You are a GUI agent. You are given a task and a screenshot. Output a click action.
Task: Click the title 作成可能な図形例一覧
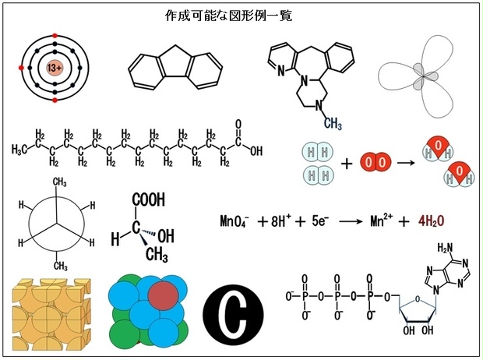click(x=228, y=16)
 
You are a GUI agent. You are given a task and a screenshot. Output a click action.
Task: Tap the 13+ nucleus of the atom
click(x=55, y=68)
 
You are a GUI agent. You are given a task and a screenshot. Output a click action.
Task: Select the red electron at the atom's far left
click(x=21, y=68)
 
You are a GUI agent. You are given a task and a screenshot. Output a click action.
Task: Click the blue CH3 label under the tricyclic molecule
click(x=333, y=124)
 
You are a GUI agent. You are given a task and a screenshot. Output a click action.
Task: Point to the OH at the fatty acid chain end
click(x=256, y=151)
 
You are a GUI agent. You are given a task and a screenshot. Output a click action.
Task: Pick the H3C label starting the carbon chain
click(x=19, y=150)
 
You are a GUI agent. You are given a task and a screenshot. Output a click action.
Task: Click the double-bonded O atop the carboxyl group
click(x=238, y=125)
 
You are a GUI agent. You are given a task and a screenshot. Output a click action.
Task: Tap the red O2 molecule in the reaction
click(x=375, y=162)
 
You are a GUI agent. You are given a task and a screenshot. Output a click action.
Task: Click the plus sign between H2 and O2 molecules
click(x=347, y=164)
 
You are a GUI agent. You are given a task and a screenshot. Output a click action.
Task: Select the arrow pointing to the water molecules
click(x=407, y=162)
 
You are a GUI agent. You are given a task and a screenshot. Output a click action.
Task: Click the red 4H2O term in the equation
click(x=432, y=221)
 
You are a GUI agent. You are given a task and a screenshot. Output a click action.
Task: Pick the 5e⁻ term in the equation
click(x=320, y=221)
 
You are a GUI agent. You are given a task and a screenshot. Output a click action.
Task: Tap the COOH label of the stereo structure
click(x=149, y=199)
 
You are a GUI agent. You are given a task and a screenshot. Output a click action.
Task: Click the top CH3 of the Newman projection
click(x=59, y=182)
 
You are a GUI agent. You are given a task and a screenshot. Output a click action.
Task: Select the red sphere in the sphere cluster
click(x=164, y=295)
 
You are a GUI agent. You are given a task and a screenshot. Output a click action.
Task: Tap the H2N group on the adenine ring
click(x=446, y=248)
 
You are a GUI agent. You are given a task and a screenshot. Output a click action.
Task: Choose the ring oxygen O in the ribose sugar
click(x=418, y=298)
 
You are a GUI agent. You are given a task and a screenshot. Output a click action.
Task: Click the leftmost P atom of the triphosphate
click(x=305, y=297)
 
